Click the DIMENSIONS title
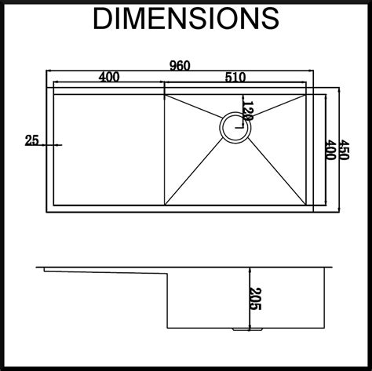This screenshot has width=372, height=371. pos(185,20)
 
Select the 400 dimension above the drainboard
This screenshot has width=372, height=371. pos(109,77)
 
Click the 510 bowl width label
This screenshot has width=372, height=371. pos(235,77)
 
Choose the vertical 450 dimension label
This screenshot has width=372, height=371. pos(342,145)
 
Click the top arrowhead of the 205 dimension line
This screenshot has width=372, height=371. pos(247,269)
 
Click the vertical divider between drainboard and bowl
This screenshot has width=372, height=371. pos(163,149)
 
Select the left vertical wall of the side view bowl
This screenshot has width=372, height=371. pos(168,302)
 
